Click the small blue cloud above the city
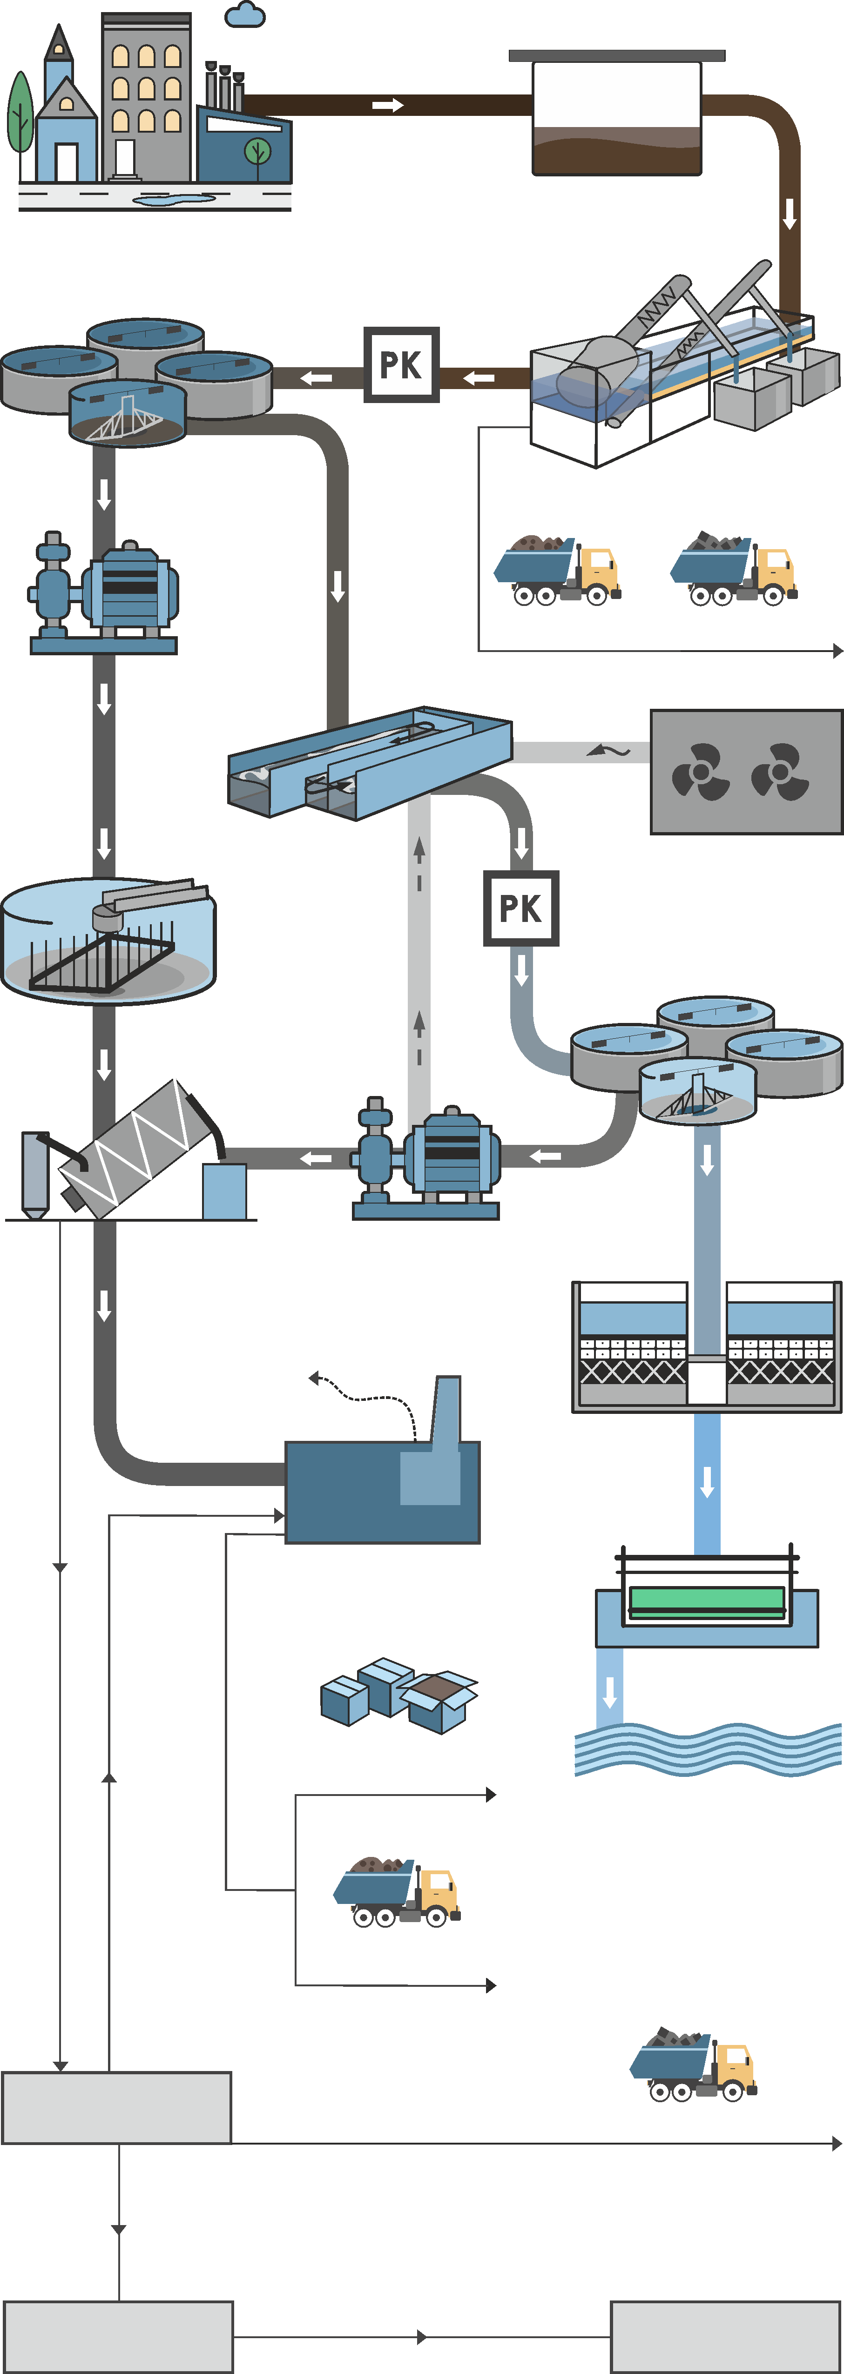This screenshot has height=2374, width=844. tap(245, 15)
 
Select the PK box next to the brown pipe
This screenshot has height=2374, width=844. tap(401, 365)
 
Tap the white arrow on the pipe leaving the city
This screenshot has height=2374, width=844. tap(388, 105)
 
